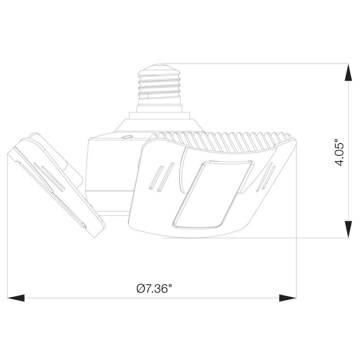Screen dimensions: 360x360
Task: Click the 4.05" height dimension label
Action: pos(338,152)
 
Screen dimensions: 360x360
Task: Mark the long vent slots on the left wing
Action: pos(49,177)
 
